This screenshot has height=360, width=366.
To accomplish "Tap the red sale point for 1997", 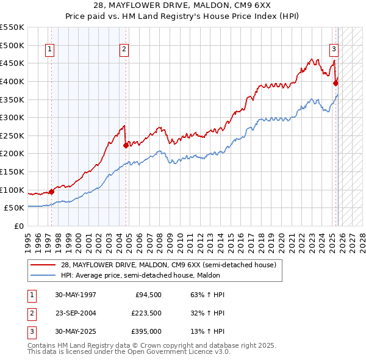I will coord(52,192).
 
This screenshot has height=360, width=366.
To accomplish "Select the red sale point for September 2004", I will coord(126,145).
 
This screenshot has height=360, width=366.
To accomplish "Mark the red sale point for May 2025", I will coord(335,83).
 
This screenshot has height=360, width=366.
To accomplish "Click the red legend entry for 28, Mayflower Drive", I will coord(168,265).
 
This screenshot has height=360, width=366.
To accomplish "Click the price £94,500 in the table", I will coord(147,295).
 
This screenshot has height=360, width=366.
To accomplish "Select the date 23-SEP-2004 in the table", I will coord(76,313).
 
